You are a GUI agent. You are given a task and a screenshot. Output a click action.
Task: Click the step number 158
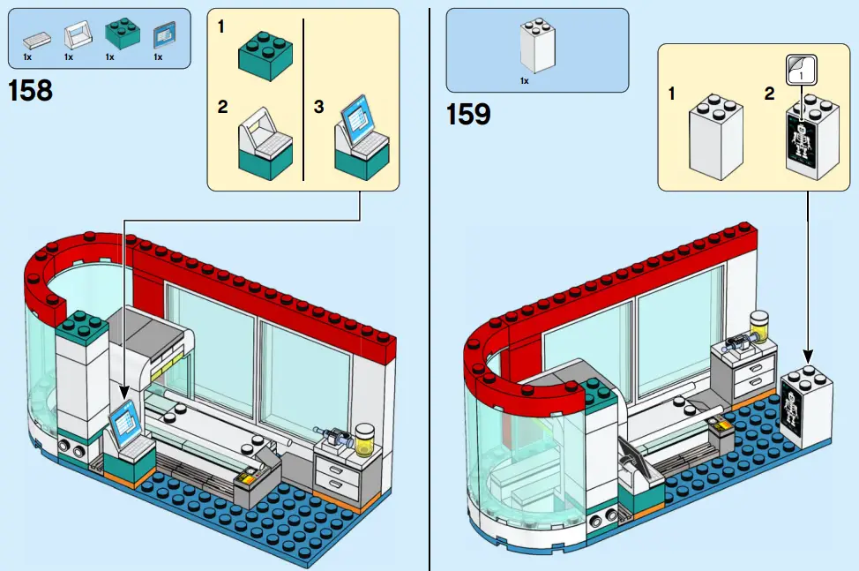[x=30, y=91]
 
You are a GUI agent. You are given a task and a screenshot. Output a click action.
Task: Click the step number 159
[x=468, y=114]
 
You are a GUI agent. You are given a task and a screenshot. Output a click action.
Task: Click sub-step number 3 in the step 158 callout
[x=319, y=107]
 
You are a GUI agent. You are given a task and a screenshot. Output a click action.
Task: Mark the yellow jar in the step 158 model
[x=364, y=436]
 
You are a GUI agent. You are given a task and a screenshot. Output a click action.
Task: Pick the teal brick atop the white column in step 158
[x=83, y=325]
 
